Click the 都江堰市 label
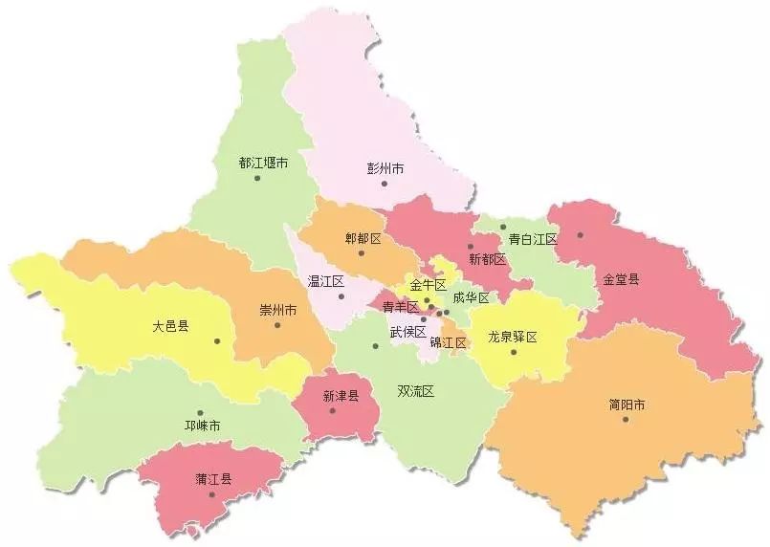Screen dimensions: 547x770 click(x=263, y=163)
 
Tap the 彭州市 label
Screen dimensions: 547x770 click(x=385, y=168)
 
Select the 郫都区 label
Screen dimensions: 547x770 click(x=363, y=238)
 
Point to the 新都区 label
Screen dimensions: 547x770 click(x=487, y=259)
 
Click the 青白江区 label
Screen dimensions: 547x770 click(x=533, y=239)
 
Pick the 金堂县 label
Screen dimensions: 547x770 click(x=621, y=280)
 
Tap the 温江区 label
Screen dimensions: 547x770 click(x=325, y=281)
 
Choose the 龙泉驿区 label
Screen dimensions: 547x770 click(x=513, y=337)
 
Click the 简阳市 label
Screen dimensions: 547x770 click(x=627, y=405)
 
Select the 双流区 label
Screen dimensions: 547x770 click(x=416, y=391)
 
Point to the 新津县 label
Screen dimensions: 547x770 click(x=340, y=396)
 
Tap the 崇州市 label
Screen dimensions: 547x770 click(x=277, y=311)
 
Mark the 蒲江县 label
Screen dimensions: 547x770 click(x=214, y=479)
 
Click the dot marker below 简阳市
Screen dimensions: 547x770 click(x=626, y=419)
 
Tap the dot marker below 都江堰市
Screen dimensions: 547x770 click(x=257, y=178)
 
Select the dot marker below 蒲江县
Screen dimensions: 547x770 click(x=211, y=494)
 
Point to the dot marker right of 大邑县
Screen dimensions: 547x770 click(x=218, y=340)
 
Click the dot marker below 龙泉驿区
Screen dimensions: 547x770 click(x=514, y=352)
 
